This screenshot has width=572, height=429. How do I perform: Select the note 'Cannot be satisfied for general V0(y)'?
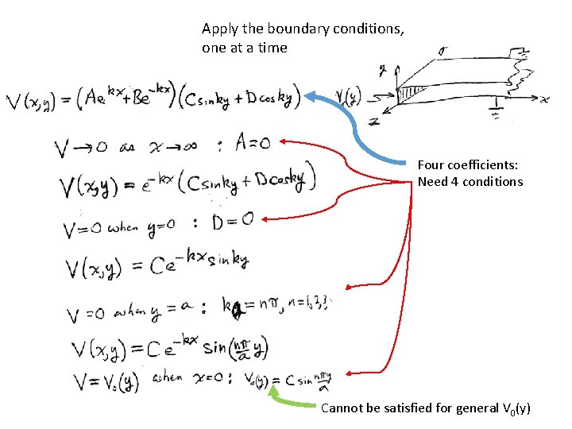(x=425, y=408)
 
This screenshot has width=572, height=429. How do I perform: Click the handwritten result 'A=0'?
(x=253, y=143)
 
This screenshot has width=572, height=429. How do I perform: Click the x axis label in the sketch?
(x=545, y=99)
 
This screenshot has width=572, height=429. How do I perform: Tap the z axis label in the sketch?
(x=374, y=121)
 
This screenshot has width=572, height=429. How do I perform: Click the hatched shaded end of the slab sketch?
(x=408, y=94)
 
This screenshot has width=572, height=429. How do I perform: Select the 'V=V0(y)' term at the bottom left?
(x=106, y=381)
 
